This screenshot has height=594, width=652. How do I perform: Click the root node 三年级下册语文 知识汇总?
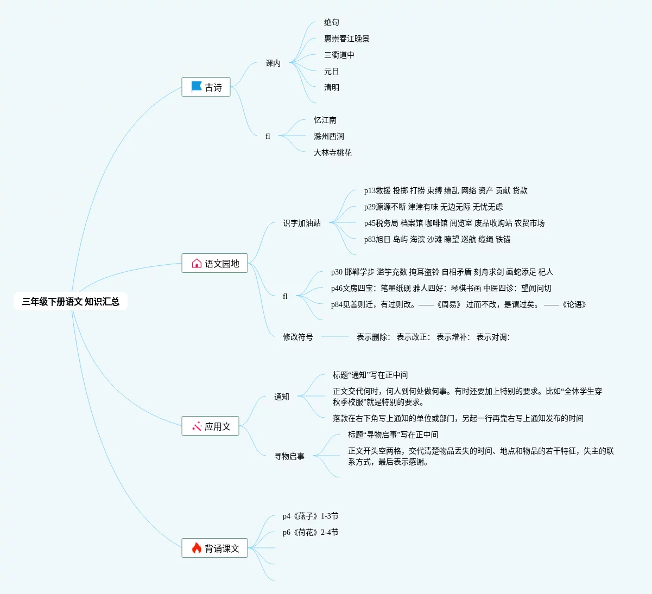71,302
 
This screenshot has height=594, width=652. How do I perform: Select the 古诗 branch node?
206,87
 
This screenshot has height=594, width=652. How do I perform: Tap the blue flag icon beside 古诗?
197,87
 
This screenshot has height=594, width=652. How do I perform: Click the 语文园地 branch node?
215,264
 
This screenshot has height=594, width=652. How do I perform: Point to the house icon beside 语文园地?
197,264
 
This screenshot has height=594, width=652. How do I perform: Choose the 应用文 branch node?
211,426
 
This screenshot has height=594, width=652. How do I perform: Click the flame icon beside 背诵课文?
197,548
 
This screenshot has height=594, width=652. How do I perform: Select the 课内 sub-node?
273,63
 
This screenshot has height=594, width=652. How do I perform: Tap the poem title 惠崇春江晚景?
347,39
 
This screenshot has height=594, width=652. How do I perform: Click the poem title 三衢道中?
339,55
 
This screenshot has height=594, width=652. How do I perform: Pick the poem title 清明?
332,87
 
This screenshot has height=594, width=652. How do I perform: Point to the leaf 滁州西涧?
329,136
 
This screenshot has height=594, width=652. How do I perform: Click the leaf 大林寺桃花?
333,152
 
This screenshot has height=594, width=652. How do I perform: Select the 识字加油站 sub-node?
302,223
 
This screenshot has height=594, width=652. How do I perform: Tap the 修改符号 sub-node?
298,337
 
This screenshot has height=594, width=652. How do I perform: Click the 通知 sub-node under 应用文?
282,397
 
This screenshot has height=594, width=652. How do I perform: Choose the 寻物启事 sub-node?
289,456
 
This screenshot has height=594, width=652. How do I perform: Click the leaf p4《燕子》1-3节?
311,516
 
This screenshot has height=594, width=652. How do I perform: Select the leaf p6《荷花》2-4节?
311,532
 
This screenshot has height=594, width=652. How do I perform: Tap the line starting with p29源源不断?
433,207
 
